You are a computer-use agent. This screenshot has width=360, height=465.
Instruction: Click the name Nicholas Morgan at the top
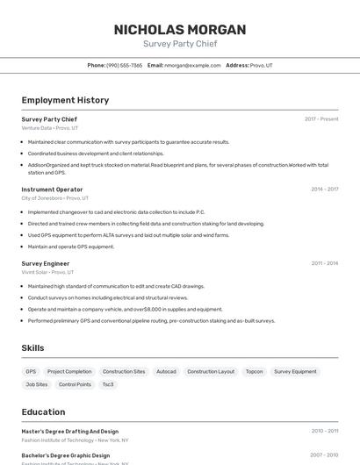pyautogui.click(x=180, y=29)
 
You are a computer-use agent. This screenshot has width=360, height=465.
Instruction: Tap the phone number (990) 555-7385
pyautogui.click(x=124, y=65)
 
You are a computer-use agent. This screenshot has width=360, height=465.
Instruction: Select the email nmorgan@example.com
pyautogui.click(x=192, y=65)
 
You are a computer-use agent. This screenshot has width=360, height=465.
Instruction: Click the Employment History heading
pyautogui.click(x=65, y=100)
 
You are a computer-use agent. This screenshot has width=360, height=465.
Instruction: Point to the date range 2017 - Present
pyautogui.click(x=321, y=119)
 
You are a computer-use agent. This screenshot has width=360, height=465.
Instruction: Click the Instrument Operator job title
pyautogui.click(x=52, y=190)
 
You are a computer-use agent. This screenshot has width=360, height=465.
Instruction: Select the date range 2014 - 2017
pyautogui.click(x=324, y=190)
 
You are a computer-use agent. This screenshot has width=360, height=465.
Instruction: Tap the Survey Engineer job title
pyautogui.click(x=46, y=263)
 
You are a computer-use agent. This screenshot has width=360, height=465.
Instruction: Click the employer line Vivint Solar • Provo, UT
pyautogui.click(x=47, y=272)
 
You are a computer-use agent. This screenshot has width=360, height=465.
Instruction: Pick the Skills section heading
pyautogui.click(x=32, y=348)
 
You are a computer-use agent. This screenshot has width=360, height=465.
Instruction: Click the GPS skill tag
pyautogui.click(x=31, y=371)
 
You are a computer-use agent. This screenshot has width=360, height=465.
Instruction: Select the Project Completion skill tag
pyautogui.click(x=69, y=371)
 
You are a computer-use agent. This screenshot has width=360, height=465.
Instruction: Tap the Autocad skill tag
pyautogui.click(x=166, y=371)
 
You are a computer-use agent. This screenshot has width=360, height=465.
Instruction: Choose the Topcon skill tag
pyautogui.click(x=254, y=371)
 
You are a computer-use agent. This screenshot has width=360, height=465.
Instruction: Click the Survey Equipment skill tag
pyautogui.click(x=295, y=371)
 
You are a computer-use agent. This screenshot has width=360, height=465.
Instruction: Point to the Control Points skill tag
pyautogui.click(x=75, y=384)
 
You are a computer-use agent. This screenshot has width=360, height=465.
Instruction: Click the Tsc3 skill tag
pyautogui.click(x=108, y=384)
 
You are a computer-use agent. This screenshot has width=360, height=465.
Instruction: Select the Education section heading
pyautogui.click(x=43, y=411)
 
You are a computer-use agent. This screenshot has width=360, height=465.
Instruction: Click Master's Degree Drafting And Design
pyautogui.click(x=69, y=432)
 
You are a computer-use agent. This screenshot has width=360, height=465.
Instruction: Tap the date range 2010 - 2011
pyautogui.click(x=324, y=432)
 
